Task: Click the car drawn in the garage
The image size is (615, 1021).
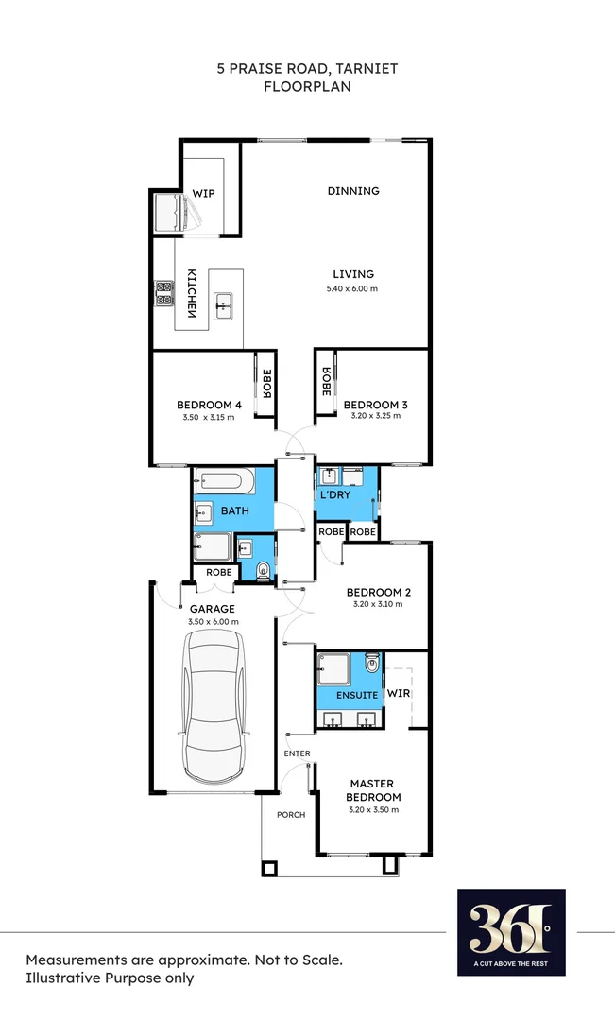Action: (214, 706)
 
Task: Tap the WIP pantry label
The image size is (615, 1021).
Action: (204, 193)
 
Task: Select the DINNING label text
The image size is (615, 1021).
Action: (353, 191)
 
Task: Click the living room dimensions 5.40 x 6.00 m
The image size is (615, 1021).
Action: (352, 288)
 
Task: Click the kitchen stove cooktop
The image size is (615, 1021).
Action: (164, 293)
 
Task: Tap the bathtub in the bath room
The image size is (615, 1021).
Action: (224, 482)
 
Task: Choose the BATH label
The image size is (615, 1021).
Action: (234, 511)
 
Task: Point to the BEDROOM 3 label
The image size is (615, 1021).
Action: (375, 406)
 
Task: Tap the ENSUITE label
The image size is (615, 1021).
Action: (355, 695)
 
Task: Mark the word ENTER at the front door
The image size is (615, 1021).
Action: (298, 753)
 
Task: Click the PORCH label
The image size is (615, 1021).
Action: (291, 815)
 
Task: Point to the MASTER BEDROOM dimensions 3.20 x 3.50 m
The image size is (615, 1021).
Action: (373, 810)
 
